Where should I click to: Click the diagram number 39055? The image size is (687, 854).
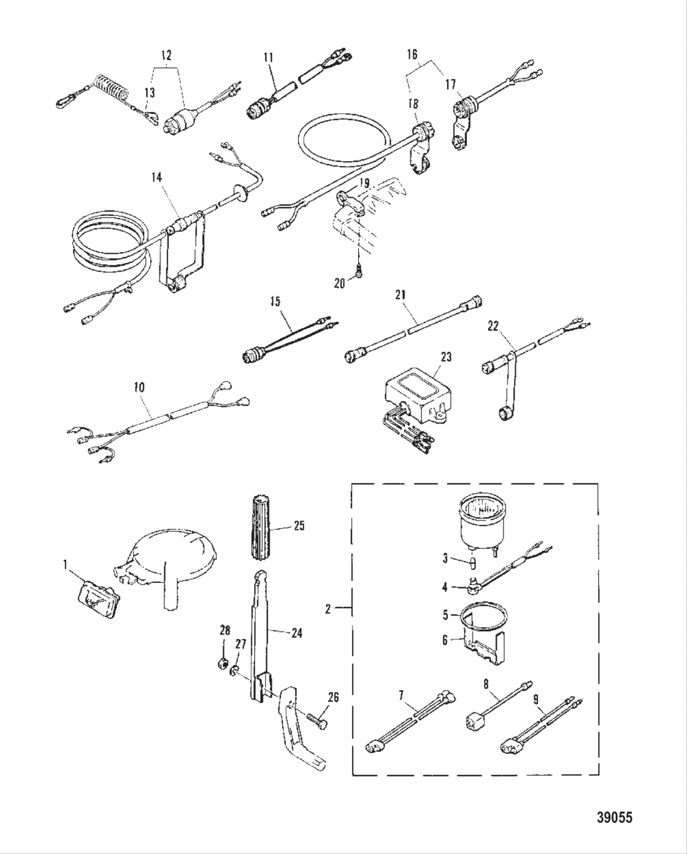[614, 818]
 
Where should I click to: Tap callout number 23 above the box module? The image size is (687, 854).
[446, 357]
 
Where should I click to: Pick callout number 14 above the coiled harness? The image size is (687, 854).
[157, 177]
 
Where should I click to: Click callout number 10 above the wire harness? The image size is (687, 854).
[139, 388]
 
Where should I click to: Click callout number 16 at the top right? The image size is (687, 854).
[412, 55]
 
